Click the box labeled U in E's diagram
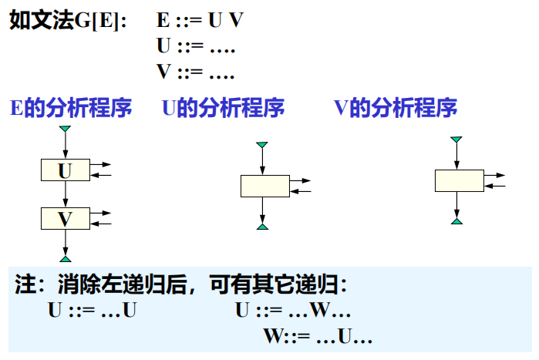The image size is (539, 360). point(65,170)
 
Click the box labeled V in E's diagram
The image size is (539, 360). point(65,218)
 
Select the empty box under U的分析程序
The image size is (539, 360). point(264,186)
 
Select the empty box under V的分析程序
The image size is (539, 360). point(458,180)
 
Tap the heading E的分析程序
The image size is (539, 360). point(70,108)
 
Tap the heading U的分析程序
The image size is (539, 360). point(223,108)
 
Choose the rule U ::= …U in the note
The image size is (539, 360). point(93,311)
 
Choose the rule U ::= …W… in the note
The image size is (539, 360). point(293,311)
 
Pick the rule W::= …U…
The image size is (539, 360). point(318,337)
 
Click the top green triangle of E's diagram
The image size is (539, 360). point(66,129)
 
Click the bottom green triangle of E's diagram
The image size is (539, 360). point(66,258)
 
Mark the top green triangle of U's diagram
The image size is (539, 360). point(263,145)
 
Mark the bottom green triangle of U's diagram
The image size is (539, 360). point(263,226)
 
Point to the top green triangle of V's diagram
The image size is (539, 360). point(457,140)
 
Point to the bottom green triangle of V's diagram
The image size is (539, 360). point(457,221)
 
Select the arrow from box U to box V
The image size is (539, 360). point(66,194)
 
